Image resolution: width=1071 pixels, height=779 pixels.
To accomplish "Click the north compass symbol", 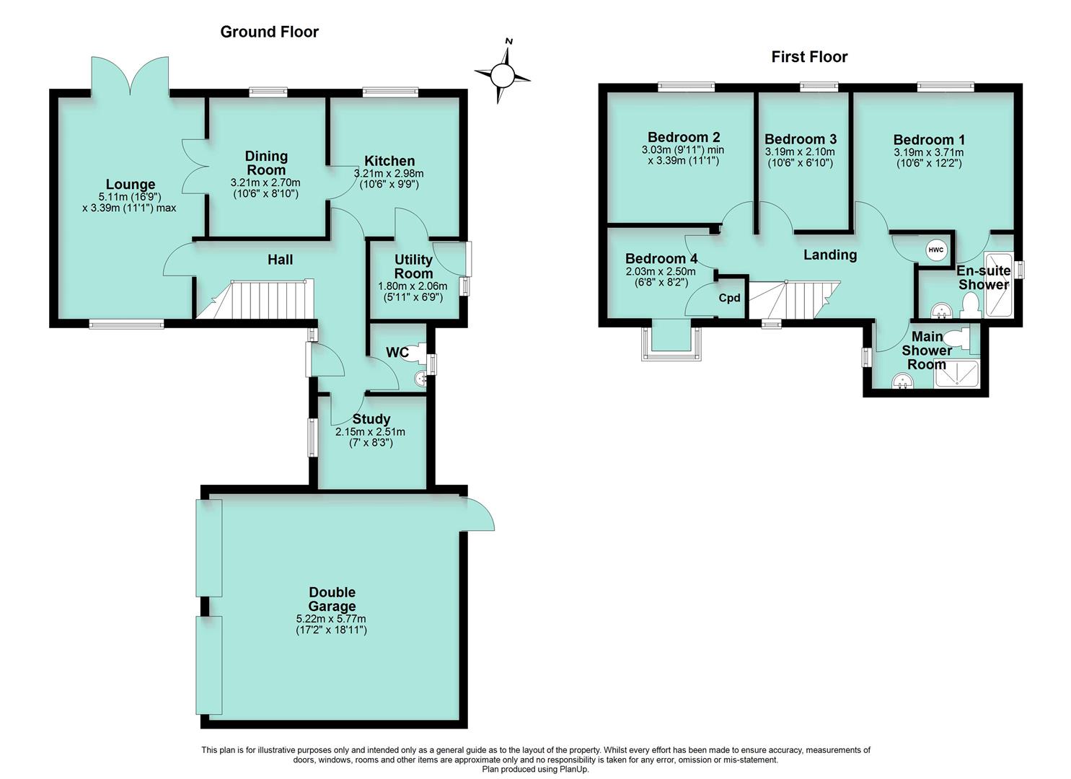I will click(x=503, y=74).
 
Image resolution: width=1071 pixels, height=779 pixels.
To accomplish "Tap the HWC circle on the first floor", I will click(x=935, y=250).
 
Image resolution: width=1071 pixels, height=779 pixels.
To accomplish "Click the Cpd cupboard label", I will click(x=729, y=298).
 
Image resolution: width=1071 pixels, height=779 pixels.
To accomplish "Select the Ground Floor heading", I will click(x=269, y=32).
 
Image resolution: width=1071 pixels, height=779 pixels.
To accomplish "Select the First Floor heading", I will click(x=809, y=57).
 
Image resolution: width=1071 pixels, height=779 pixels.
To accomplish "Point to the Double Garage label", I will click(x=332, y=599).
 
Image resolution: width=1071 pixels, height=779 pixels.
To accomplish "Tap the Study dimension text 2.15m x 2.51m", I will click(x=370, y=432).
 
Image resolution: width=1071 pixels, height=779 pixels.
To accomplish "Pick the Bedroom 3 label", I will click(x=800, y=139).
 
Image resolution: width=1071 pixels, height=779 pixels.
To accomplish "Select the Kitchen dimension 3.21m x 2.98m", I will click(x=389, y=174).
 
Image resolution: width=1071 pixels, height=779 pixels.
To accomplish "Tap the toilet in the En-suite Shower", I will click(x=969, y=307).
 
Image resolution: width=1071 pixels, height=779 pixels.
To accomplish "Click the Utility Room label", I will click(x=413, y=266).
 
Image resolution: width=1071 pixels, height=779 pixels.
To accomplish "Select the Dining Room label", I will click(x=266, y=163).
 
